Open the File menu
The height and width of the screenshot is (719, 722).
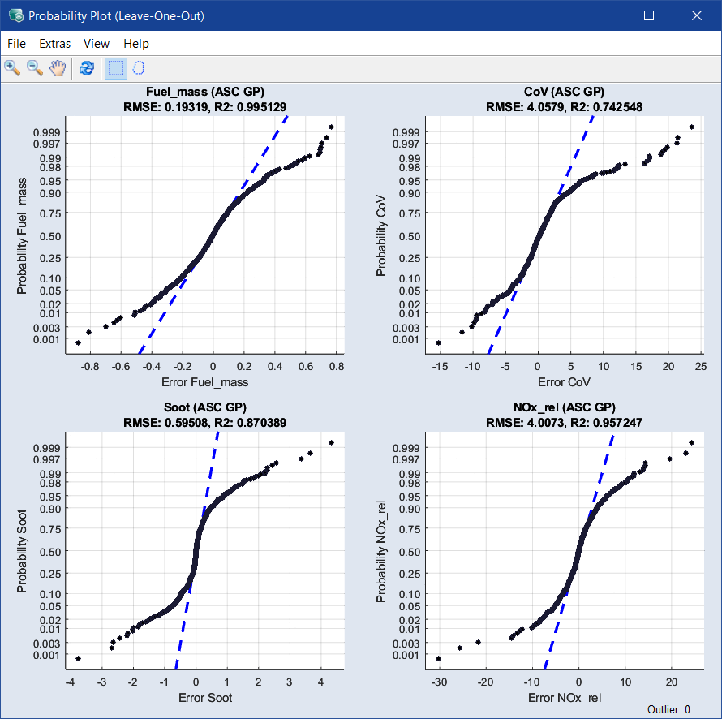pos(16,44)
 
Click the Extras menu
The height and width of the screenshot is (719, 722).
pos(55,44)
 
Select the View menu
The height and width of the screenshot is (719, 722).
pos(97,44)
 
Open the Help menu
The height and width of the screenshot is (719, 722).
pos(136,44)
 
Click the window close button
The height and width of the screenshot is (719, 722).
pos(697,15)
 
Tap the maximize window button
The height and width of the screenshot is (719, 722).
pos(648,15)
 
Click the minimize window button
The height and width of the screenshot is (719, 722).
pos(601,15)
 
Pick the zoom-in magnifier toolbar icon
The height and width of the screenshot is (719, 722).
pos(12,68)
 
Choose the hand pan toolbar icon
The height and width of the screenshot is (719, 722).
pos(57,68)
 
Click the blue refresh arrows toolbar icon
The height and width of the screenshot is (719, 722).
pos(86,68)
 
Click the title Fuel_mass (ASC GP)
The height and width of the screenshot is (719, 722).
pos(204,92)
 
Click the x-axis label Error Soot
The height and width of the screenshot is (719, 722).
pos(204,698)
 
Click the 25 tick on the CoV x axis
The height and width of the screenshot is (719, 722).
pos(701,367)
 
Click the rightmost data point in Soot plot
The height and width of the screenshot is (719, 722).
pos(332,442)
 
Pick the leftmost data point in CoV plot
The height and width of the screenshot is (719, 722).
pos(438,342)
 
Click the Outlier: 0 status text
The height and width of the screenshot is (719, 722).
pos(668,709)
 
